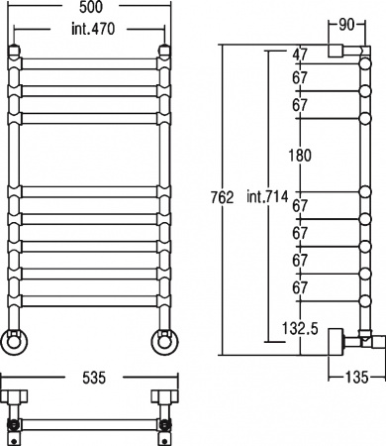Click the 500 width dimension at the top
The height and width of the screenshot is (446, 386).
pos(91,7)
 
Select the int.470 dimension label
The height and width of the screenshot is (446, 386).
pos(93,29)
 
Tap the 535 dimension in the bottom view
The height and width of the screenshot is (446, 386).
pos(94,378)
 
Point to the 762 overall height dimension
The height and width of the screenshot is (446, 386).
pos(222,197)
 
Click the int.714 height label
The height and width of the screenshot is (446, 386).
pos(267,197)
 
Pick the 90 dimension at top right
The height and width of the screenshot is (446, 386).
pos(346,25)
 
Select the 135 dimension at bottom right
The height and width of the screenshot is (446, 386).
pos(356,377)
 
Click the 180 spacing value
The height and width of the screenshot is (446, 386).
pos(300,155)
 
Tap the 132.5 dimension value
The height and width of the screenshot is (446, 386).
pos(300,328)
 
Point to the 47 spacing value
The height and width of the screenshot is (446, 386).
pos(300,55)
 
